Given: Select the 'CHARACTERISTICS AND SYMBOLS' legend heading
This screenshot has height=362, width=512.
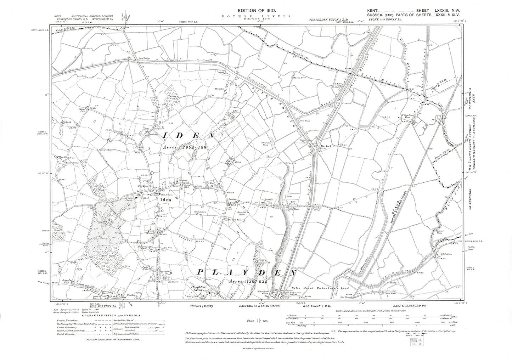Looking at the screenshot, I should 113,315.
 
